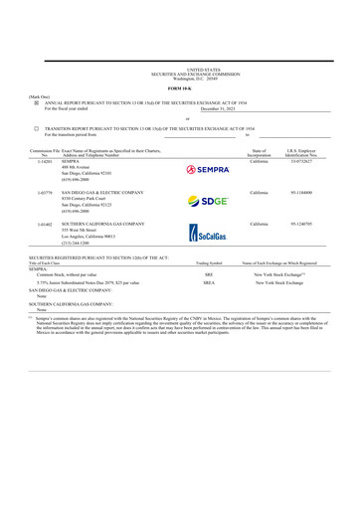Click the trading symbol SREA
209,282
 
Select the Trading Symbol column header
209,262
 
